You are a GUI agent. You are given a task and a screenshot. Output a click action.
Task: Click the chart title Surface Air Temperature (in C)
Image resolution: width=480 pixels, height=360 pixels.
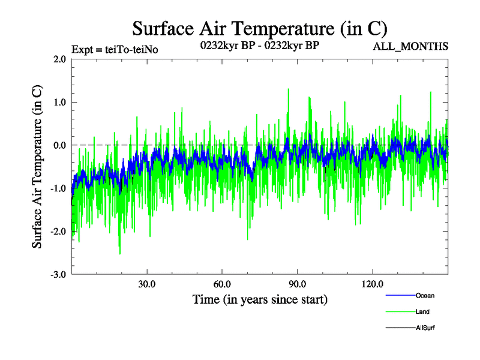click(x=260, y=28)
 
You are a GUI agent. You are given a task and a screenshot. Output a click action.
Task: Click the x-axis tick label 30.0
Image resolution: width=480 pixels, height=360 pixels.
click(x=147, y=284)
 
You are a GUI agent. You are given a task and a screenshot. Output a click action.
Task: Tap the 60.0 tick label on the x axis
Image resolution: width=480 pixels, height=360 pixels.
click(x=222, y=284)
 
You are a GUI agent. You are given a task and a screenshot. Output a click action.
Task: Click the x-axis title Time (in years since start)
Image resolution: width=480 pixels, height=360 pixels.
click(x=260, y=299)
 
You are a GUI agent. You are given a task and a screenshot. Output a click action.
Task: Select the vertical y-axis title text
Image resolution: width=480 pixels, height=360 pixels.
click(x=37, y=167)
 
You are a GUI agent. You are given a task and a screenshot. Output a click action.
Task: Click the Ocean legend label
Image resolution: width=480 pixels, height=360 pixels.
click(x=425, y=295)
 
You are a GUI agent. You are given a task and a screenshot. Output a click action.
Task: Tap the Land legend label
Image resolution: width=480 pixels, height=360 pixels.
click(x=422, y=311)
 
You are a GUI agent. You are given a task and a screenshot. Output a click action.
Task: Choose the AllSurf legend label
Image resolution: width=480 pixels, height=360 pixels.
click(x=426, y=328)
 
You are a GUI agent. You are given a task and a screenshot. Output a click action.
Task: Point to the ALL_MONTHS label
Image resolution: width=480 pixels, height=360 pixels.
click(x=410, y=46)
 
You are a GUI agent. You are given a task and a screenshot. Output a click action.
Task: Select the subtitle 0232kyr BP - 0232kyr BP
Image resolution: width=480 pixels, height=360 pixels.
click(x=260, y=45)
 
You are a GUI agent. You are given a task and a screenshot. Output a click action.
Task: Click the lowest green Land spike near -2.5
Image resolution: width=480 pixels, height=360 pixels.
click(x=120, y=253)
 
